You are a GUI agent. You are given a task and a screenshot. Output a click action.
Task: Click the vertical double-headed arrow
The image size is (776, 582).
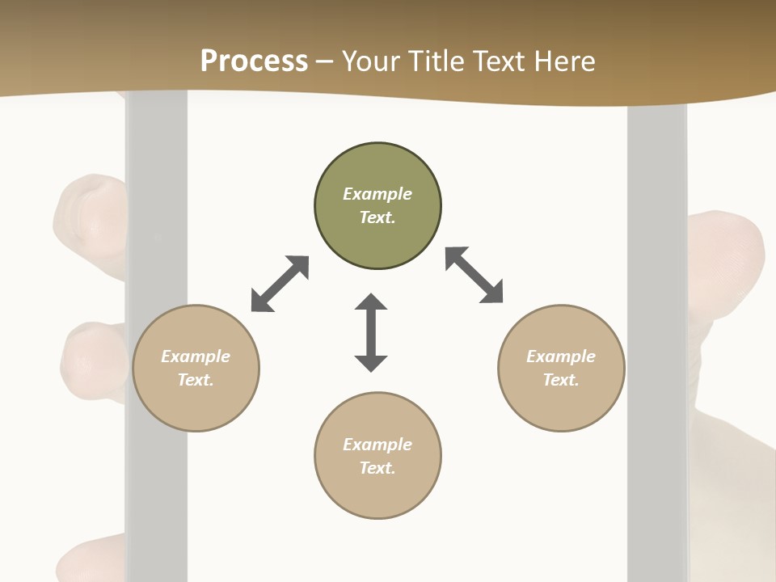click(371, 332)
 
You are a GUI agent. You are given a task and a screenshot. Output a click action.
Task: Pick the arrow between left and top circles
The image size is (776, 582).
click(280, 284)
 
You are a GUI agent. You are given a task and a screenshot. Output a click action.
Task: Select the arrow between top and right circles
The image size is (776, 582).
click(474, 275)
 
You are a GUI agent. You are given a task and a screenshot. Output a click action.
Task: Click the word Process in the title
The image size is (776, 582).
click(254, 61)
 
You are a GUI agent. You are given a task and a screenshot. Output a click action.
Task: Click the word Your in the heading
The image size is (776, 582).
click(369, 61)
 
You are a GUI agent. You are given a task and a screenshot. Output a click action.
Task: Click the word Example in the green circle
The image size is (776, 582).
click(377, 194)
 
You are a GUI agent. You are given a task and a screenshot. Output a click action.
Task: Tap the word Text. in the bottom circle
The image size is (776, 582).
click(377, 468)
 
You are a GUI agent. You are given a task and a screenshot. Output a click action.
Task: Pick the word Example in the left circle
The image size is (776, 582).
click(196, 356)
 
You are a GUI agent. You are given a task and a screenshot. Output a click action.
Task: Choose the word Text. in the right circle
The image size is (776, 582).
click(561, 380)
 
